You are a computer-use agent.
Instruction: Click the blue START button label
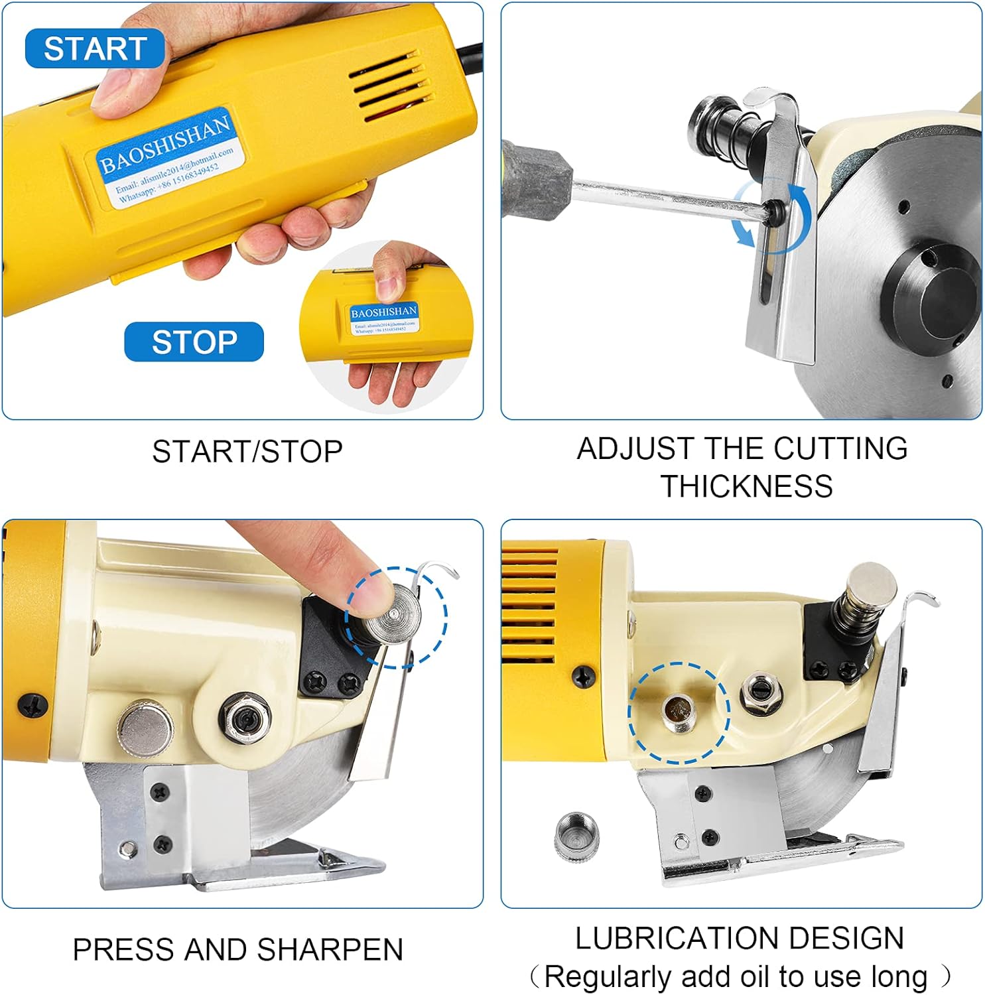[95, 48]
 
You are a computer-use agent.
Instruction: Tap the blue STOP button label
[194, 342]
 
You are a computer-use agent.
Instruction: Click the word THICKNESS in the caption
[746, 487]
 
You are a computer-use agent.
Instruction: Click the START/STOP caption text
[247, 452]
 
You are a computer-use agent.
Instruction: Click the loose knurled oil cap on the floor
[576, 836]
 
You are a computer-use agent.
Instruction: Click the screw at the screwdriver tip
[771, 212]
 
